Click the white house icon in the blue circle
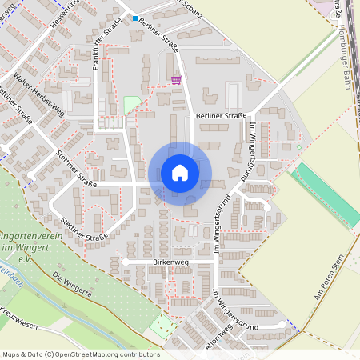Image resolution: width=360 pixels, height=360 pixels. [x=180, y=173]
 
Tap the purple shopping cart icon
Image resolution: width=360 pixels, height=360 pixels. [x=175, y=79]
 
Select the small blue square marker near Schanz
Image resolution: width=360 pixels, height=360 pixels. [x=135, y=18]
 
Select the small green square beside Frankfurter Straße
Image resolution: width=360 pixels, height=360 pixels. [x=131, y=105]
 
